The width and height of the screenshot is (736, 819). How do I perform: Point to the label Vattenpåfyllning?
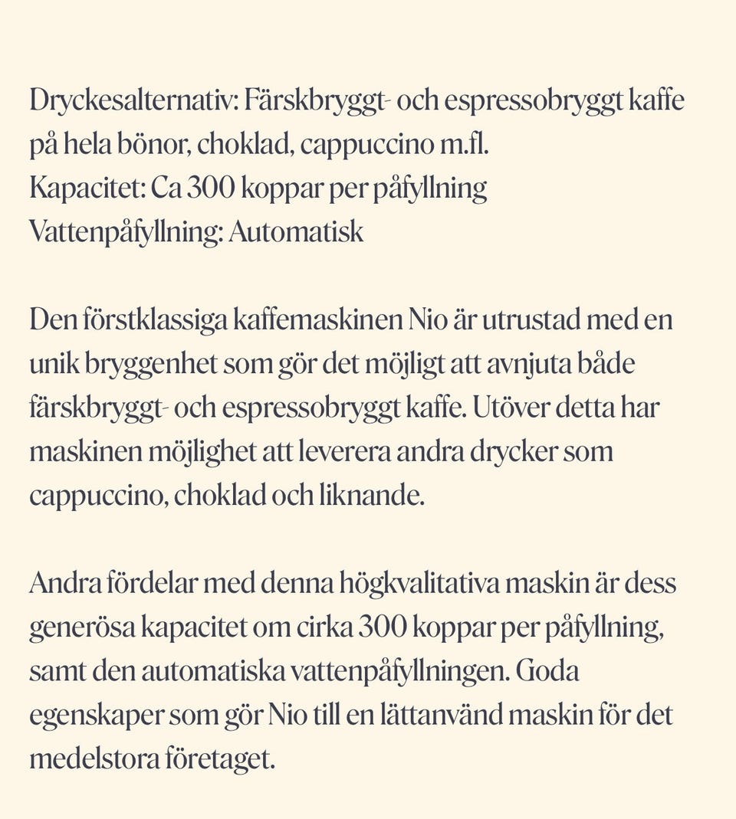coord(127,231)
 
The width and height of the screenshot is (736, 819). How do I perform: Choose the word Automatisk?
coord(296,231)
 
